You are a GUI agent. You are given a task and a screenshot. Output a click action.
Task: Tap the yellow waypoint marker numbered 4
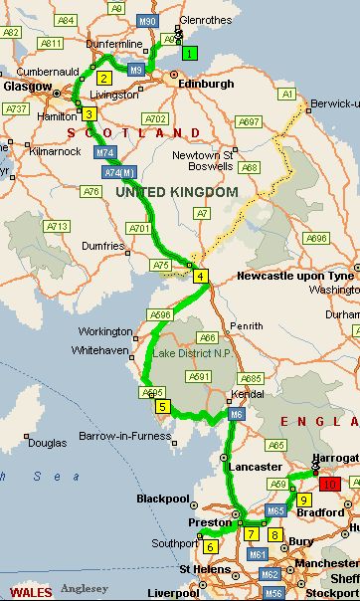click(x=201, y=276)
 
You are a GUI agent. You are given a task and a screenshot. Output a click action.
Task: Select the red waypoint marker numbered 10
click(x=329, y=484)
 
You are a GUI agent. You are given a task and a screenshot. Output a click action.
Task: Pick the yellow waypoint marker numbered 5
click(x=163, y=406)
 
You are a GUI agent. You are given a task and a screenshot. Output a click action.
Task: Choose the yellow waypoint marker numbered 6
click(x=210, y=545)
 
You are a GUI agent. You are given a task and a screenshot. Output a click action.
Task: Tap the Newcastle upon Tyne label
click(x=297, y=277)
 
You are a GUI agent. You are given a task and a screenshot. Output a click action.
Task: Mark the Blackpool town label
click(x=162, y=498)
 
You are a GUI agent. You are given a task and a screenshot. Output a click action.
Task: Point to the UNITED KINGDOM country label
click(x=177, y=191)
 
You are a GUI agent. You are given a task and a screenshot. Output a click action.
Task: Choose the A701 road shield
click(x=139, y=229)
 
